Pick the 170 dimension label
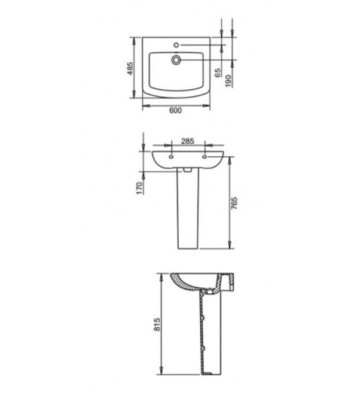point(141,186)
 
